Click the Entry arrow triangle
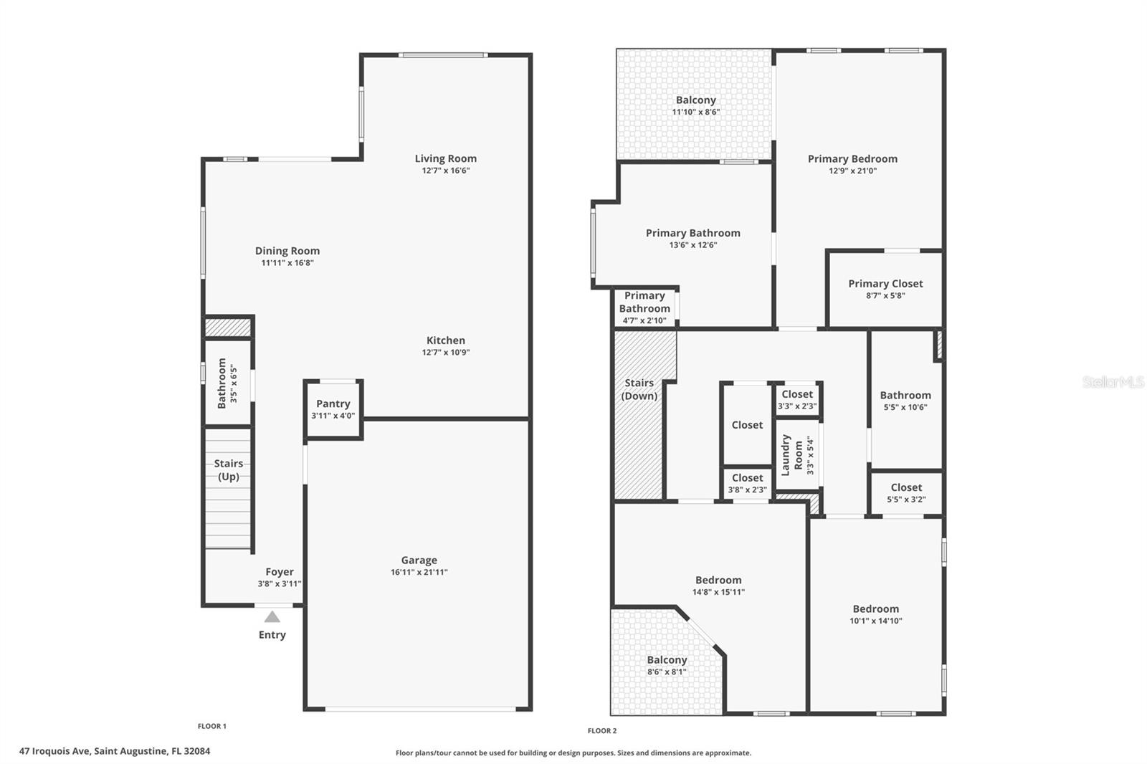point(272,616)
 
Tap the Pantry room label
point(333,404)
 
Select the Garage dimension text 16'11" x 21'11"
point(419,572)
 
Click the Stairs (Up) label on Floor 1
point(229,470)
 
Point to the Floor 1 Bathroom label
point(222,383)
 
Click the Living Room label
point(445,158)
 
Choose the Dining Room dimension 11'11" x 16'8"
point(287,263)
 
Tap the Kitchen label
point(445,340)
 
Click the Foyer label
point(280,572)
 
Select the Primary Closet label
point(885,284)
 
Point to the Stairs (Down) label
point(639,389)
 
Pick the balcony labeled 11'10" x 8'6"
point(695,105)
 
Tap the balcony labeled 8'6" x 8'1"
point(667,665)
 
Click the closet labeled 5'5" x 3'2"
point(906,492)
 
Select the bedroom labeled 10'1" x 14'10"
point(875,614)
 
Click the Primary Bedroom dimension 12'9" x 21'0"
point(852,171)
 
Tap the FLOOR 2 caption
point(601,731)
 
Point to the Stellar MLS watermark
point(1113,382)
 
